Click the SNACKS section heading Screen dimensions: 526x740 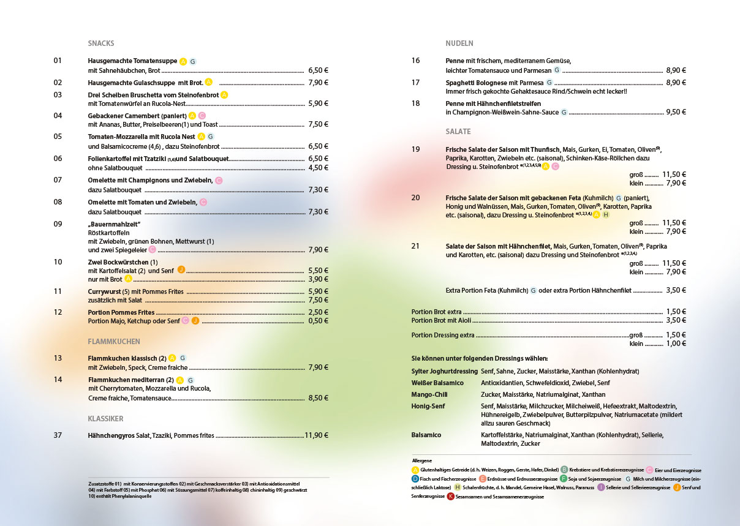pyautogui.click(x=101, y=43)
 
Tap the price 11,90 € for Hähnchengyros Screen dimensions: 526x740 pyautogui.click(x=317, y=435)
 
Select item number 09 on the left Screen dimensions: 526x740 pyautogui.click(x=58, y=224)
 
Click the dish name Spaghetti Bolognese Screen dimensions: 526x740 pyautogui.click(x=476, y=82)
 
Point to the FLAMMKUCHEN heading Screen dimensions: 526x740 pyautogui.click(x=114, y=341)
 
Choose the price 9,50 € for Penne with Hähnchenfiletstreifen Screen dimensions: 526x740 pyautogui.click(x=676, y=112)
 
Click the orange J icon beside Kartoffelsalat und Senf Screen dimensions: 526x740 pyautogui.click(x=181, y=270)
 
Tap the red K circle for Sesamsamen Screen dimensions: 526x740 pyautogui.click(x=450, y=497)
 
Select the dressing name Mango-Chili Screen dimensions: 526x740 pyautogui.click(x=429, y=394)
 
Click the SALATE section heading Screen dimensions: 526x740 pyautogui.click(x=458, y=132)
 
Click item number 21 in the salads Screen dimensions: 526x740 pyautogui.click(x=416, y=246)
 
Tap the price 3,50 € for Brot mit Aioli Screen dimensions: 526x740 pyautogui.click(x=676, y=320)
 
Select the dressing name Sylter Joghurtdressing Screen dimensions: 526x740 pyautogui.click(x=444, y=371)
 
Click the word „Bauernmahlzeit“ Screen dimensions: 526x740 pyautogui.click(x=115, y=224)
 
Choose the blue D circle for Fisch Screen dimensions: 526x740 pyautogui.click(x=415, y=478)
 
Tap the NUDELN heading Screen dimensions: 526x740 pyautogui.click(x=459, y=43)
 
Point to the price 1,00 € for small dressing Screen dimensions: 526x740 pyautogui.click(x=676, y=344)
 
